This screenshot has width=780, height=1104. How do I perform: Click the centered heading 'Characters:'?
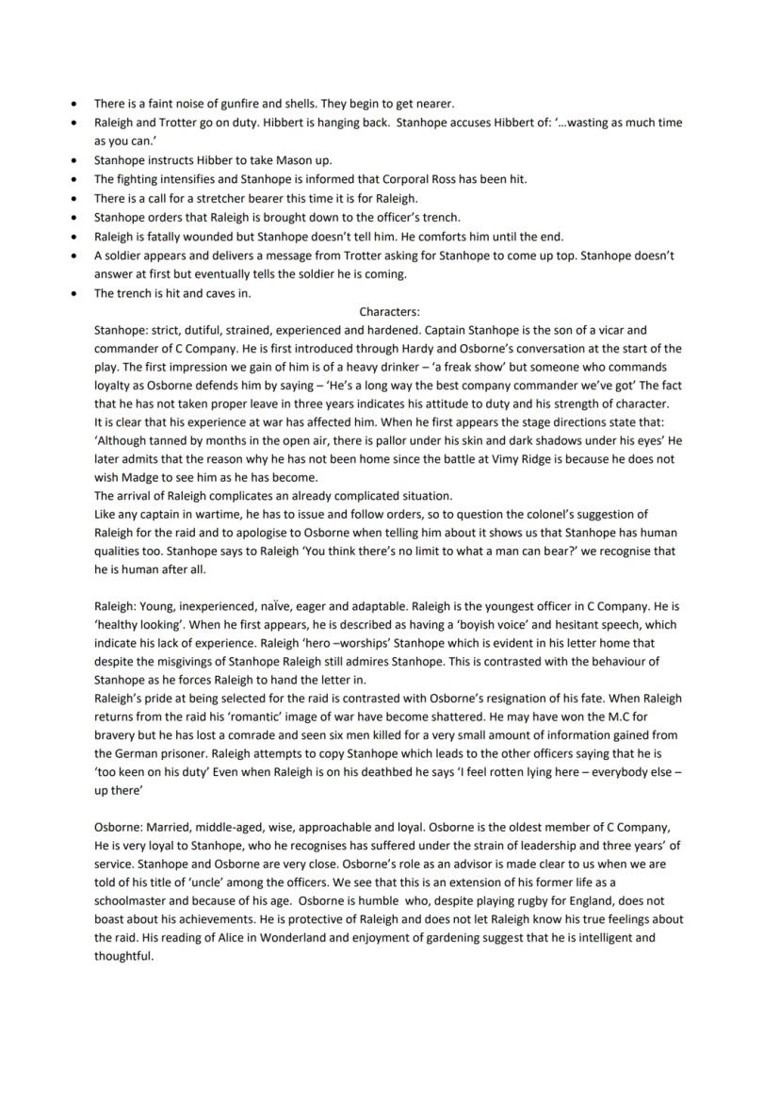click(389, 311)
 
